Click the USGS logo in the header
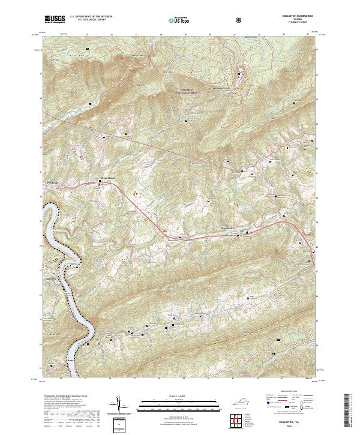click(x=55, y=19)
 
